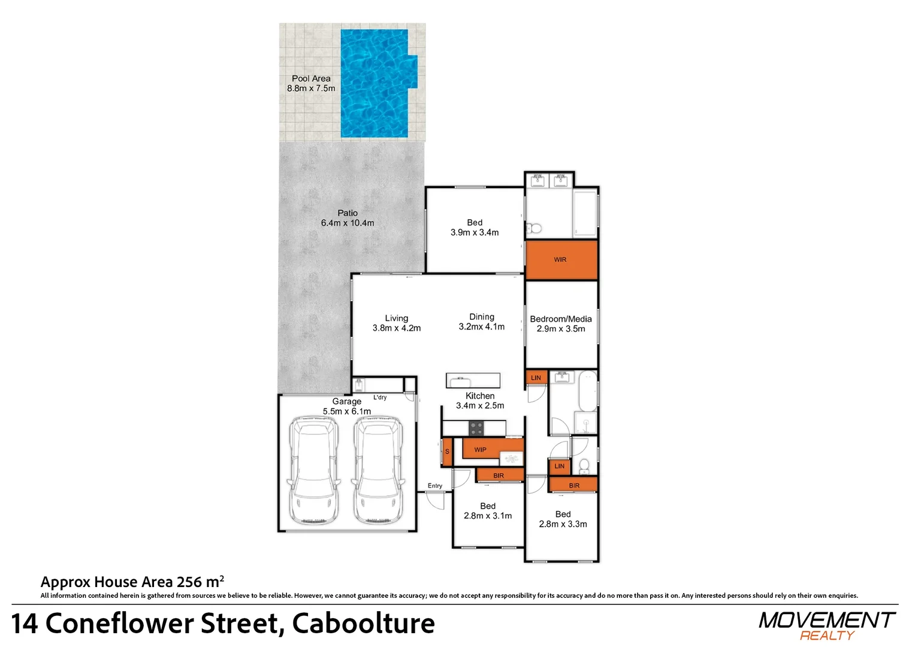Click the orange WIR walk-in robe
coord(561,260)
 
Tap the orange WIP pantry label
coord(480,450)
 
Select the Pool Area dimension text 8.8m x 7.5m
coord(311,89)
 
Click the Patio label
coord(348,213)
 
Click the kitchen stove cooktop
coord(476,428)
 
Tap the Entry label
coord(435,486)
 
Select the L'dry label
coord(380,398)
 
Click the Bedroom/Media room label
coord(561,319)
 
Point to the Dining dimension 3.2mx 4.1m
coord(481,326)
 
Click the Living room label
coord(397,318)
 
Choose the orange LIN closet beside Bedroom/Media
coord(536,377)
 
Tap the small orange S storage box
coord(447,452)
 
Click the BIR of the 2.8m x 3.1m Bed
coord(500,476)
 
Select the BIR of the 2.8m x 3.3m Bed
coord(573,485)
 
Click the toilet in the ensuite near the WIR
coord(534,229)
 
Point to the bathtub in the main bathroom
coord(588,391)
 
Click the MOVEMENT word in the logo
coord(826,621)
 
